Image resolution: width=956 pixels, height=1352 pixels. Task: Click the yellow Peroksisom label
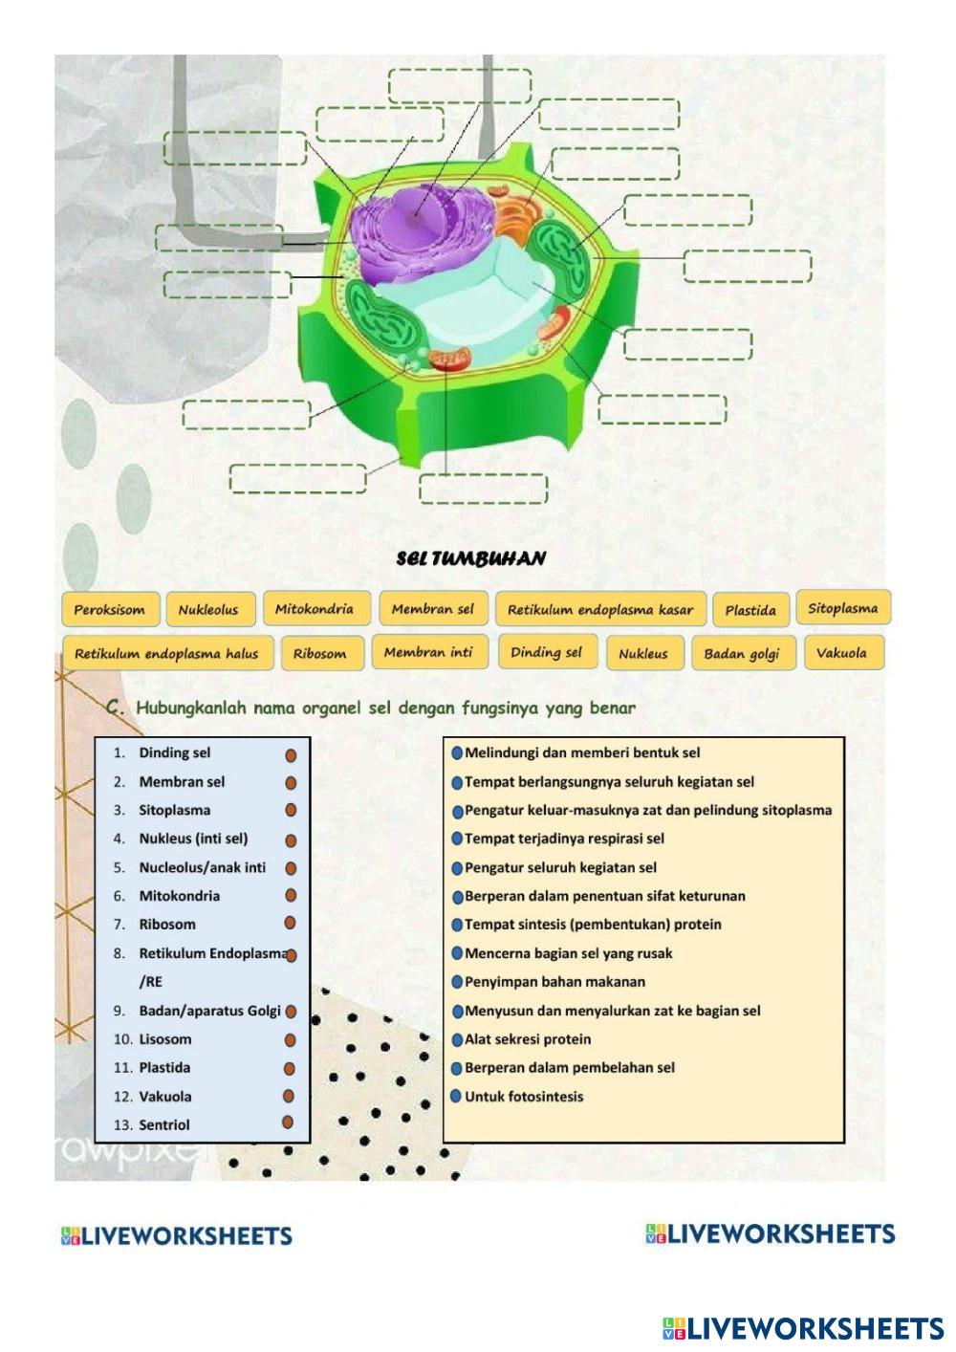point(109,609)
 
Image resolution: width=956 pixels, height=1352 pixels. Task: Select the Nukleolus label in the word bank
point(208,609)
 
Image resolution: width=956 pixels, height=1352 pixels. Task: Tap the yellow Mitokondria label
point(315,608)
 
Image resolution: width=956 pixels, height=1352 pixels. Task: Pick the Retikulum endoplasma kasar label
point(599,609)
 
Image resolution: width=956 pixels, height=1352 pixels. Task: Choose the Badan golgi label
point(741,654)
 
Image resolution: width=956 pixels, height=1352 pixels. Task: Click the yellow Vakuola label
point(841,653)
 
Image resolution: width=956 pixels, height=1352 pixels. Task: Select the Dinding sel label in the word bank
point(546,652)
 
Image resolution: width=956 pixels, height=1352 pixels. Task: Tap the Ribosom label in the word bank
point(319,654)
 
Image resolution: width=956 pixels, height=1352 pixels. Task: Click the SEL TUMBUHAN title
point(471,558)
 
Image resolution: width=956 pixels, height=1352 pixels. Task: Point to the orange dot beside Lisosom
point(290,1039)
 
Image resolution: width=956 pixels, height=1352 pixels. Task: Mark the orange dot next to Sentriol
point(287,1123)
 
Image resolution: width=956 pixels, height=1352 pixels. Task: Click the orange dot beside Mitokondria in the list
point(290,896)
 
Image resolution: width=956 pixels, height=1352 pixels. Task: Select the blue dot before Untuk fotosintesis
point(456,1096)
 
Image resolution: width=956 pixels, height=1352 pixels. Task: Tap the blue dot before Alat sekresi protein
point(456,1039)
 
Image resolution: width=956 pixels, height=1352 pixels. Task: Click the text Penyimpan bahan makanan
point(554,982)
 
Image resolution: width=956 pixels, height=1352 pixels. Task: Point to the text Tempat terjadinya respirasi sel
point(564,839)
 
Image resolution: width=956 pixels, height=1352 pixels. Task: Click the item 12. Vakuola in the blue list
point(164,1097)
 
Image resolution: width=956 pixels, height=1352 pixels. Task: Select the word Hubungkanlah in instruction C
point(192,709)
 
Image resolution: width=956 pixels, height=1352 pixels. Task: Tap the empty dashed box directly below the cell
point(483,488)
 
